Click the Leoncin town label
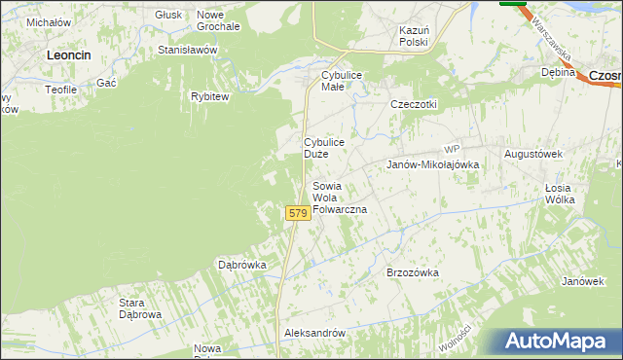point(69,55)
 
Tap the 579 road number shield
point(298,212)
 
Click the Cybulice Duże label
point(324,148)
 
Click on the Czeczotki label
point(414,104)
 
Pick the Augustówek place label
point(534,154)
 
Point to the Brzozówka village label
point(413,272)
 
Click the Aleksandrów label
point(314,333)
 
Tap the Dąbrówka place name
point(242,264)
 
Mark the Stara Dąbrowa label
point(140,308)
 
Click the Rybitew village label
point(209,96)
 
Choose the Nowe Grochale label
point(218,20)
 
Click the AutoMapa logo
point(558,341)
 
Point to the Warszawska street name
point(551,40)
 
